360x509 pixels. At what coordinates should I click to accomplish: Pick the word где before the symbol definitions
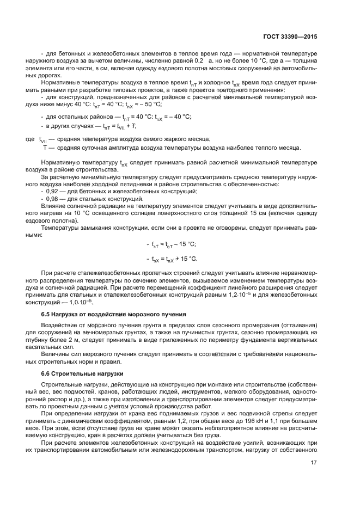30,139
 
